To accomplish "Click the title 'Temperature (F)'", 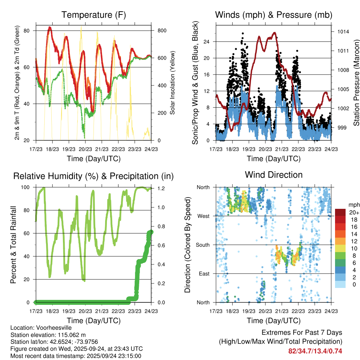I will click(93, 15).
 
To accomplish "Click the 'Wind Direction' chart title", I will click(274, 175).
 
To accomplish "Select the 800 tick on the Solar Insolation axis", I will click(162, 31).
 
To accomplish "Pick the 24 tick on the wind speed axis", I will click(207, 41).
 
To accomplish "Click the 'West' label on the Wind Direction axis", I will click(204, 216).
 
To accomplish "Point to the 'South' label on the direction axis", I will click(202, 245).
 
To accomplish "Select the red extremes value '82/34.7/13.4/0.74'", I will click(315, 351).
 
